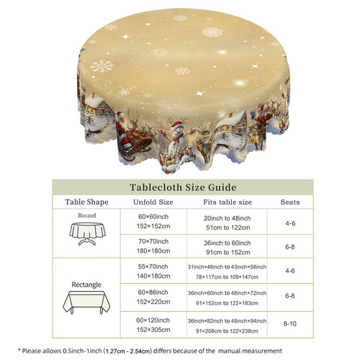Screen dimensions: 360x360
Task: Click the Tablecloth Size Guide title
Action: pyautogui.click(x=183, y=187)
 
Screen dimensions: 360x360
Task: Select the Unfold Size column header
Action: pyautogui.click(x=153, y=202)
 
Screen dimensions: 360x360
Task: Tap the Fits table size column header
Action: pyautogui.click(x=228, y=202)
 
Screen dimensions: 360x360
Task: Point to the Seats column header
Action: pyautogui.click(x=290, y=202)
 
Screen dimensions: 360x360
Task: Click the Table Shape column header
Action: pyautogui.click(x=86, y=202)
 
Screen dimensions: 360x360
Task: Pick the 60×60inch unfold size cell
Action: pyautogui.click(x=153, y=221)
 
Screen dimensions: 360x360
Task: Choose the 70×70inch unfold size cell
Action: pyautogui.click(x=153, y=246)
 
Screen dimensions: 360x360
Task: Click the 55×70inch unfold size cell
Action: pyautogui.click(x=153, y=271)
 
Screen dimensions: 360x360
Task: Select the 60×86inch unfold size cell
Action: pyautogui.click(x=153, y=297)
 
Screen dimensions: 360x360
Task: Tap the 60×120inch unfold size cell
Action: pyautogui.click(x=153, y=325)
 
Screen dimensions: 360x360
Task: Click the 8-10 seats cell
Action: pyautogui.click(x=290, y=323)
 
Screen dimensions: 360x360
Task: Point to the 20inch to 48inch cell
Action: pyautogui.click(x=228, y=222)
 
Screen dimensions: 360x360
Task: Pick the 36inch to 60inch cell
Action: pyautogui.click(x=228, y=248)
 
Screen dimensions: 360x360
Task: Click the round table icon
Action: pyautogui.click(x=87, y=233)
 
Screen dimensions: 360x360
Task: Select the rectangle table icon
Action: pyautogui.click(x=86, y=302)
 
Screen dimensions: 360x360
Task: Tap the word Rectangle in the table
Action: pyautogui.click(x=86, y=284)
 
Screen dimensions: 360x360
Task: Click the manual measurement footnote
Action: pyautogui.click(x=150, y=351)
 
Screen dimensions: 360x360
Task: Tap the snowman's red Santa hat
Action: pyautogui.click(x=178, y=125)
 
